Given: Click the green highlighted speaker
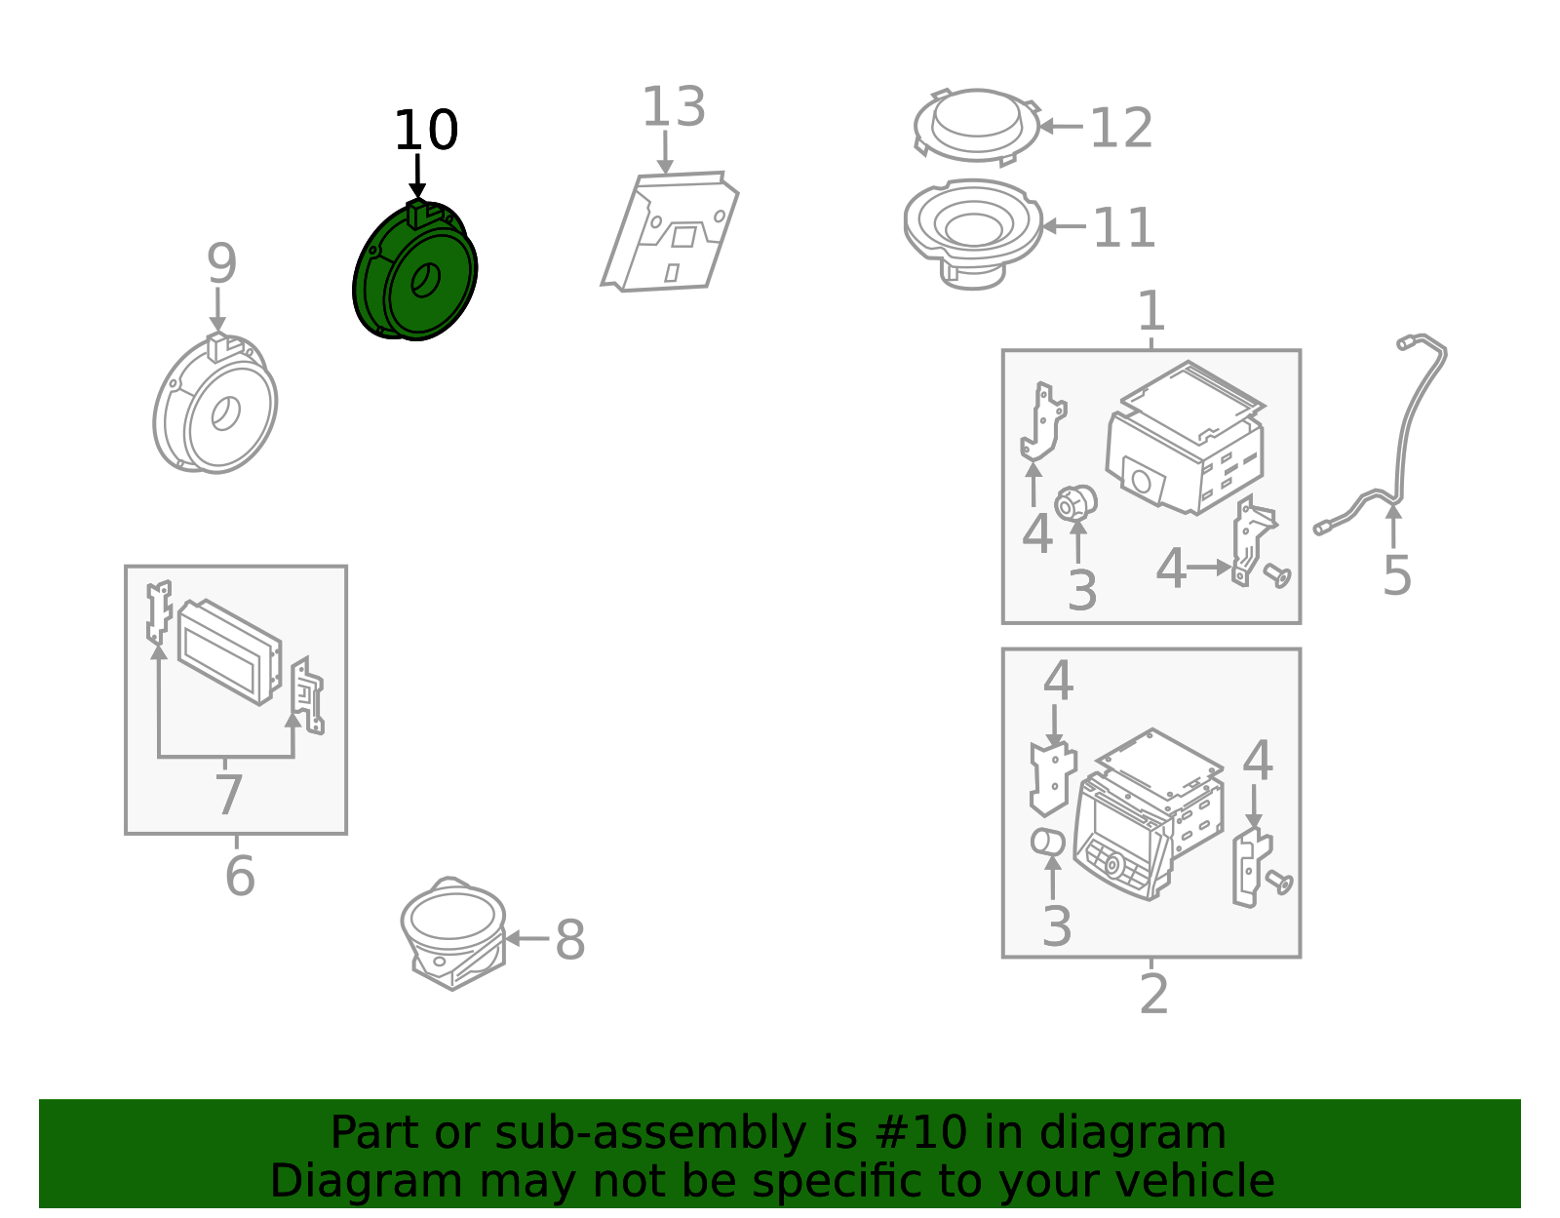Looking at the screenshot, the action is pos(415,271).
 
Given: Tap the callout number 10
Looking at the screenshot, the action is pos(426,131).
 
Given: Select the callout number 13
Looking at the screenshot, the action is pos(674,107).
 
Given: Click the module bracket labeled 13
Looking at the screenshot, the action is pos(670,231).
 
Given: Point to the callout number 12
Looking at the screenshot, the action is pos(1121,128).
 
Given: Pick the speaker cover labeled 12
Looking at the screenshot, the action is pos(976,127).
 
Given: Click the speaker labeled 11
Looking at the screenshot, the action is pos(973,233).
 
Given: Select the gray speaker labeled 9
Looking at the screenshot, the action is pos(215,404).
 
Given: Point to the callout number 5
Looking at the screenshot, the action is pos(1397,575).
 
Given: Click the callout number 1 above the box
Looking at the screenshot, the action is pos(1151,311).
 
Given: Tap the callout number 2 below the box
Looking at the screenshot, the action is pos(1153,994).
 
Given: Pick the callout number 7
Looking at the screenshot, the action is pos(229,795).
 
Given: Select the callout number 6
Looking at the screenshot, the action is pos(240,876).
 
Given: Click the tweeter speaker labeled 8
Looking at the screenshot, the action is pos(453,933).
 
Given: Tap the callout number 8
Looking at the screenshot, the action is pos(570,939).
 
